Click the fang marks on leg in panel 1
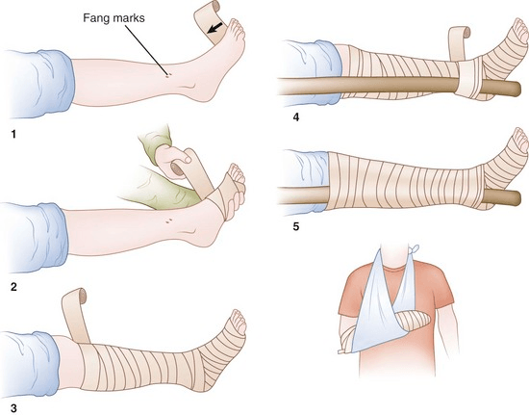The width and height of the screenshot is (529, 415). (169, 73)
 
